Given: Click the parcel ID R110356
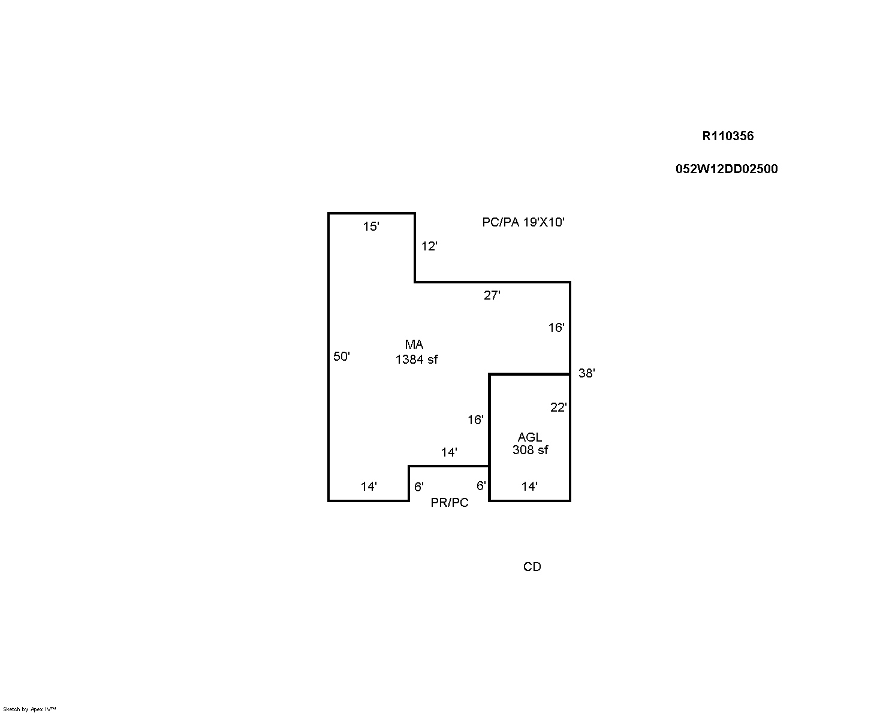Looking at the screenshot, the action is pyautogui.click(x=727, y=136).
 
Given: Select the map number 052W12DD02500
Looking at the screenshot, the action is pyautogui.click(x=726, y=169).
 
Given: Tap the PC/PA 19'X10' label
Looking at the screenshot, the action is pyautogui.click(x=523, y=222).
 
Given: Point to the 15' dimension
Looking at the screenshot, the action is pyautogui.click(x=371, y=226).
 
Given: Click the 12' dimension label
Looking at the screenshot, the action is pyautogui.click(x=429, y=246).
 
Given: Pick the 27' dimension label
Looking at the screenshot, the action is pyautogui.click(x=492, y=295).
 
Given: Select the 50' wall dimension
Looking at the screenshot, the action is pyautogui.click(x=342, y=356).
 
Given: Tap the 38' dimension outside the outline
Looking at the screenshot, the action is pyautogui.click(x=586, y=373).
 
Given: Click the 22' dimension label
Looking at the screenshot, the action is pyautogui.click(x=558, y=407).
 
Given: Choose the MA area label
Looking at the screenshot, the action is pyautogui.click(x=414, y=345).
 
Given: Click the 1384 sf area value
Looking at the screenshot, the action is pyautogui.click(x=417, y=359).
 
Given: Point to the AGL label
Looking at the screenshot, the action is pyautogui.click(x=530, y=437).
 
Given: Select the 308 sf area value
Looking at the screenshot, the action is pyautogui.click(x=530, y=450).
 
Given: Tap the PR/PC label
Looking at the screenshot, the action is pyautogui.click(x=450, y=503).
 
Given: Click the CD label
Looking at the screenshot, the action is pyautogui.click(x=532, y=567).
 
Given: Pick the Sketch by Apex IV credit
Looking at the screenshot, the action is pyautogui.click(x=29, y=709).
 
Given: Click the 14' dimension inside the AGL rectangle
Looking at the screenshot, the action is pyautogui.click(x=529, y=487).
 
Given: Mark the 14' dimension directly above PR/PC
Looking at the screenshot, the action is pyautogui.click(x=449, y=452).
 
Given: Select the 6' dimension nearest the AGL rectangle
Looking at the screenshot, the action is pyautogui.click(x=481, y=485).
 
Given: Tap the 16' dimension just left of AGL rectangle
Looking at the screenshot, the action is pyautogui.click(x=475, y=420).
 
